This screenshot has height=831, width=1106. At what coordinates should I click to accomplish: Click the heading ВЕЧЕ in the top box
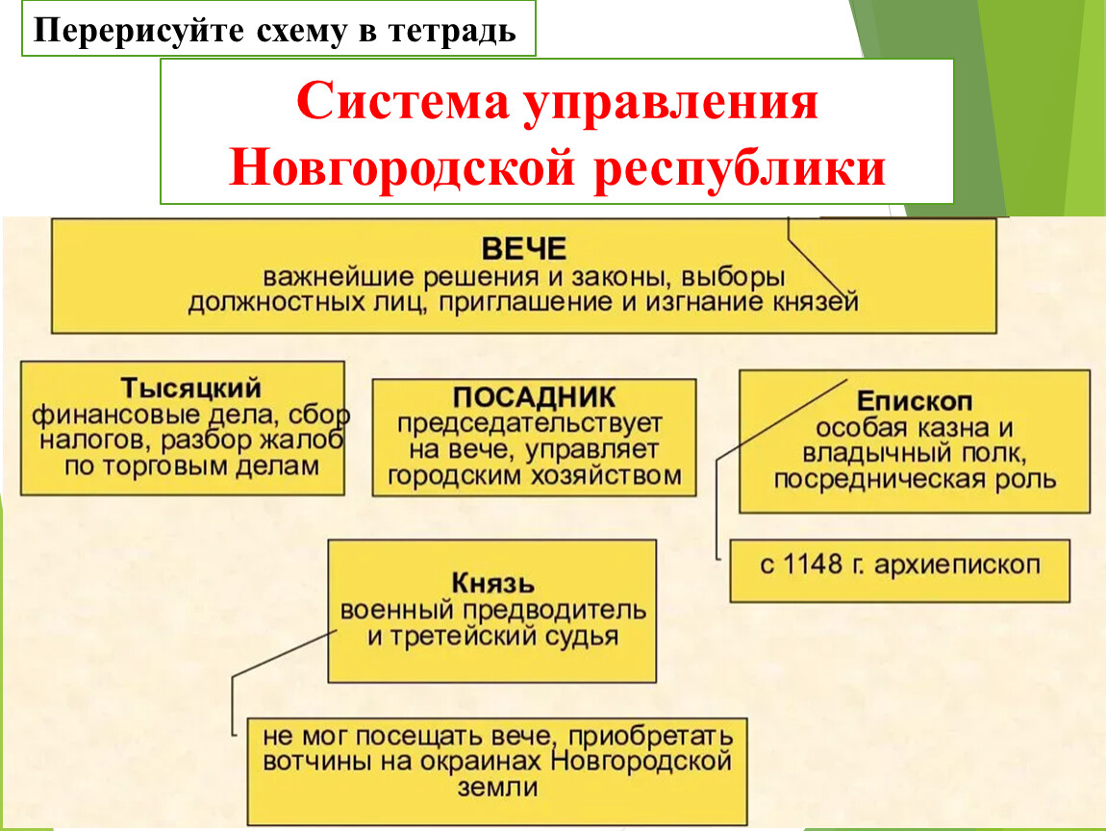click(x=523, y=249)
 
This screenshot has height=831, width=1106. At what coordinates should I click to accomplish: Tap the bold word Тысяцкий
click(x=190, y=388)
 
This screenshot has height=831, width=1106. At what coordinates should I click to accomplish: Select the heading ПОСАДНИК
click(x=534, y=397)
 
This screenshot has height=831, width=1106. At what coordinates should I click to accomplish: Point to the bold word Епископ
click(x=915, y=401)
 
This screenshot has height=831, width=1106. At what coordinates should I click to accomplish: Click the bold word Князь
click(x=493, y=584)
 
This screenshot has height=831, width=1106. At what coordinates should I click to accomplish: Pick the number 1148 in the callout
click(x=813, y=565)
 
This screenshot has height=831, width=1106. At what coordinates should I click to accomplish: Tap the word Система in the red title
click(x=403, y=101)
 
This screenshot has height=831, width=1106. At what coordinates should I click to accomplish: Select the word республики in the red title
click(x=740, y=170)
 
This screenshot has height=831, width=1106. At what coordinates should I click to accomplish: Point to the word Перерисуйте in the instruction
click(x=138, y=31)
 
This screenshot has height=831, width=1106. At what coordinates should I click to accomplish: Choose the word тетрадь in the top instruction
click(x=451, y=31)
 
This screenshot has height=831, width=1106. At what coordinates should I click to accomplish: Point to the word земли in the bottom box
click(x=497, y=788)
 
